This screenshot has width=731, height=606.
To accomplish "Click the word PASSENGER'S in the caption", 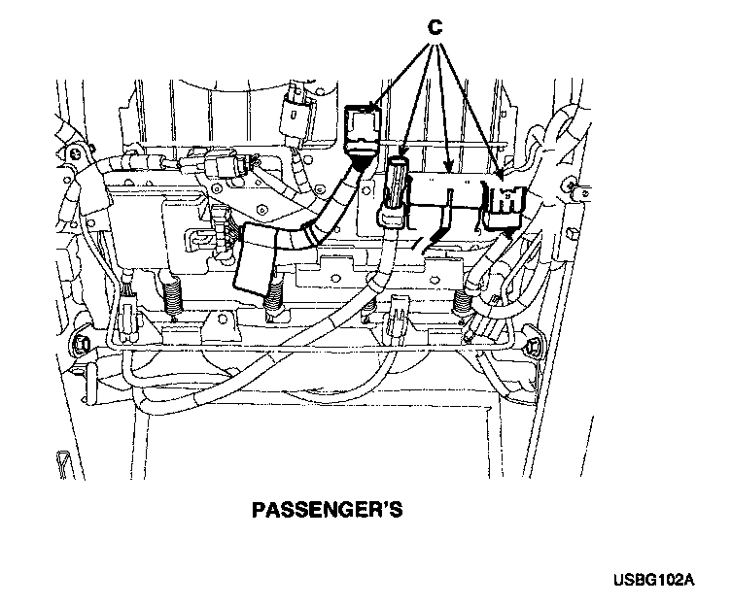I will tap(327, 509).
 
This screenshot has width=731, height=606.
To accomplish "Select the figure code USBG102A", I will tap(654, 581).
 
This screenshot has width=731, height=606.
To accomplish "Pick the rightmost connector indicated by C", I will tap(505, 201).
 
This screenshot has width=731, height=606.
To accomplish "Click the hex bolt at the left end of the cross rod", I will tap(82, 345).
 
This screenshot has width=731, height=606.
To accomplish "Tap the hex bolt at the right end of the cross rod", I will tap(534, 345).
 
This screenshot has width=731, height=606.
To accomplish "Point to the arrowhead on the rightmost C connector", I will tap(499, 177).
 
